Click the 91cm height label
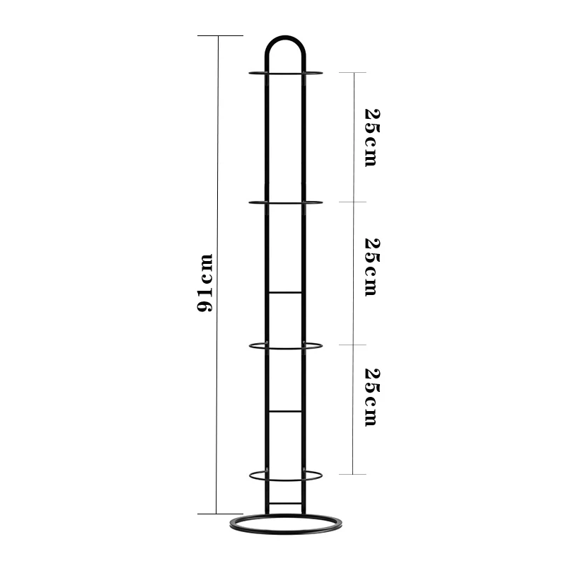pyautogui.click(x=204, y=282)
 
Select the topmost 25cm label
pyautogui.click(x=372, y=137)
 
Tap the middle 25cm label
pyautogui.click(x=372, y=267)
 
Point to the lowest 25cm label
pyautogui.click(x=372, y=397)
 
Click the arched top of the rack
pyautogui.click(x=285, y=37)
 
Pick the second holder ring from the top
pyautogui.click(x=286, y=203)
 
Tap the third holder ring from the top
pyautogui.click(x=286, y=349)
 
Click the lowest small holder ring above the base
pyautogui.click(x=286, y=480)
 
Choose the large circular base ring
pyautogui.click(x=286, y=533)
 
